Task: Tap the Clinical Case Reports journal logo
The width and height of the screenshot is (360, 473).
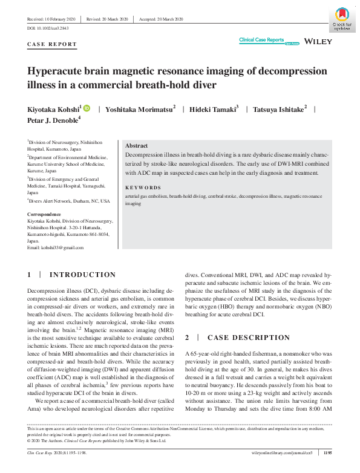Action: point(261,40)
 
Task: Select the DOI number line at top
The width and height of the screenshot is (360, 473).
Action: point(48,28)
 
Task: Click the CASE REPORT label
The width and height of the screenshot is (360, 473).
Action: point(52,44)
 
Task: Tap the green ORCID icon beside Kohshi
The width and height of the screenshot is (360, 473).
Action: point(87,108)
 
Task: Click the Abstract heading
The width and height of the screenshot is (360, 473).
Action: point(136,146)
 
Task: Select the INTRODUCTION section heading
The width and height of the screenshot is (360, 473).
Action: point(82,275)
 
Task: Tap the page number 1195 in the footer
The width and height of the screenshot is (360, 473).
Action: point(327,451)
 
